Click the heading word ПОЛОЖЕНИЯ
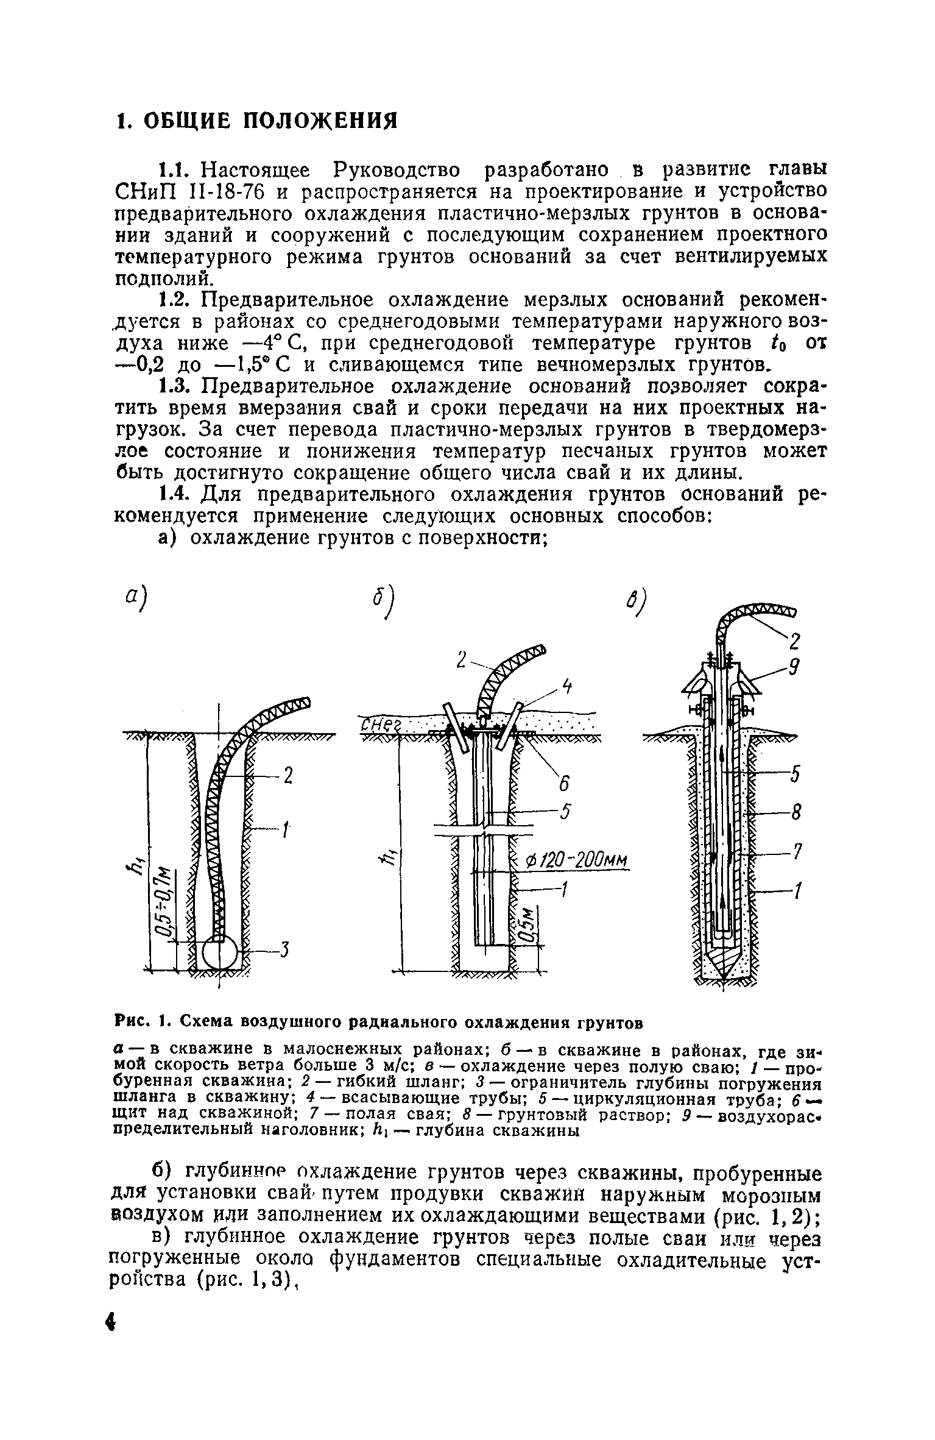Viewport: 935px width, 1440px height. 320,121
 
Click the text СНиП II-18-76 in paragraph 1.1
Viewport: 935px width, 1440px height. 189,191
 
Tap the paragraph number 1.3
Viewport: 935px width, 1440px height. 177,386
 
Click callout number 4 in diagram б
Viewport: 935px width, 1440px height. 566,687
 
